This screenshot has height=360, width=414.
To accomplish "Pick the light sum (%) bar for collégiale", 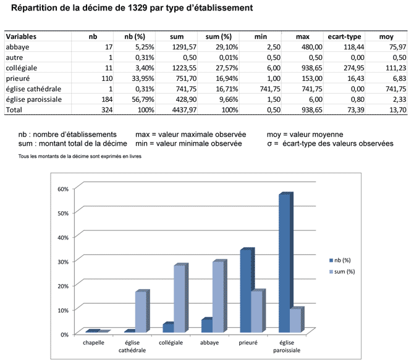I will click(179, 299).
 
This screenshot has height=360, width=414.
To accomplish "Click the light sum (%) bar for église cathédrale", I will click(140, 312).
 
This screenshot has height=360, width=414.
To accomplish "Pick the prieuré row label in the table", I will click(18, 78).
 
